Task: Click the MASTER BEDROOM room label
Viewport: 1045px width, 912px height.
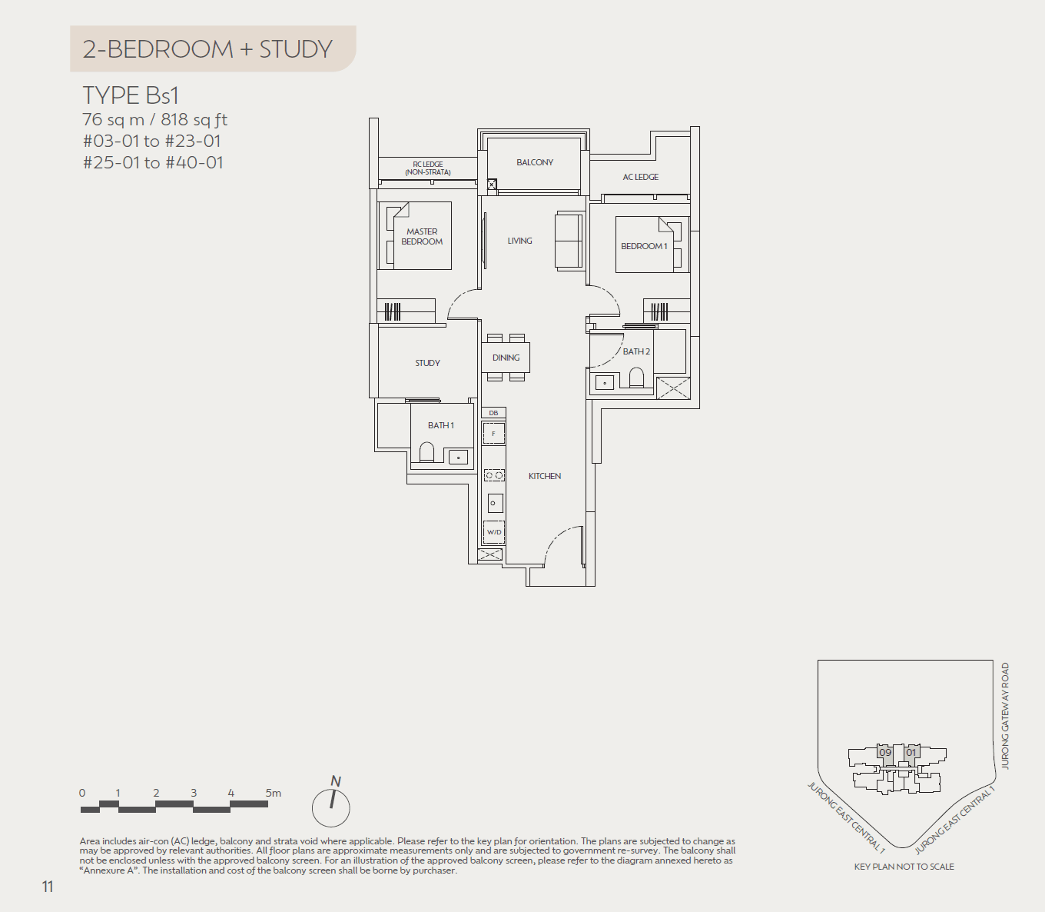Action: click(x=422, y=236)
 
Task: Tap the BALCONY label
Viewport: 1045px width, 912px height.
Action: click(x=535, y=162)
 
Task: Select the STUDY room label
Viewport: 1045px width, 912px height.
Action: click(x=427, y=363)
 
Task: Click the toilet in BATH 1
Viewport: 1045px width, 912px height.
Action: click(x=427, y=452)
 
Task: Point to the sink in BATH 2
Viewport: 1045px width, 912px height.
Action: click(x=605, y=382)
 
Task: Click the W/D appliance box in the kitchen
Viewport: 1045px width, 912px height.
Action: click(x=494, y=532)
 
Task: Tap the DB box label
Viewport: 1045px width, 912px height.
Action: click(x=493, y=413)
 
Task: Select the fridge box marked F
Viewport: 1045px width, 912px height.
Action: click(x=493, y=434)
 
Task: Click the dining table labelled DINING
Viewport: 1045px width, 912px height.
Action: click(x=506, y=358)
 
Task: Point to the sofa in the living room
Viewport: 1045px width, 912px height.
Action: click(x=569, y=241)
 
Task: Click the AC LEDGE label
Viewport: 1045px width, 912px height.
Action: click(x=640, y=177)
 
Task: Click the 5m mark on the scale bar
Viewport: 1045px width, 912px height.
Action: click(x=273, y=793)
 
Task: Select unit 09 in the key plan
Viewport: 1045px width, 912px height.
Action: click(x=885, y=753)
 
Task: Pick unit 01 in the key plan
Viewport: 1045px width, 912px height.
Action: click(x=911, y=753)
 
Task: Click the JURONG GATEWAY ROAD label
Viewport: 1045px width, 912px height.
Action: click(x=1005, y=716)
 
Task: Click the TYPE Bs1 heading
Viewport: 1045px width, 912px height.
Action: click(x=131, y=95)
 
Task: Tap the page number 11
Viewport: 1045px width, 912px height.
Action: click(x=48, y=887)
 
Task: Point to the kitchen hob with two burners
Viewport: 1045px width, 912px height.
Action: click(x=494, y=475)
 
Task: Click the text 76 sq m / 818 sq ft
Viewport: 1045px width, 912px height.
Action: click(x=154, y=120)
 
